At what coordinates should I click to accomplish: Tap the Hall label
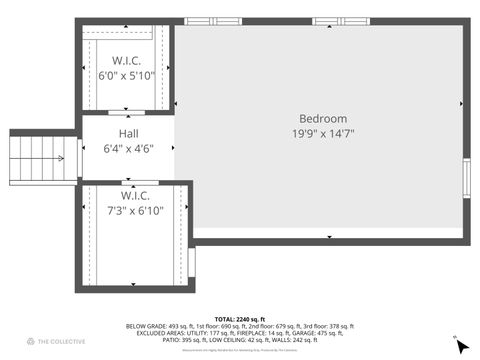click(129, 134)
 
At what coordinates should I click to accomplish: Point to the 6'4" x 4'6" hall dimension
click(129, 148)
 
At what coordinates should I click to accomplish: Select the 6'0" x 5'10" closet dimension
click(125, 75)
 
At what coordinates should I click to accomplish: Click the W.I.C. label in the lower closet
click(135, 195)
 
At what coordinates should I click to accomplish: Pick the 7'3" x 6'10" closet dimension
click(135, 211)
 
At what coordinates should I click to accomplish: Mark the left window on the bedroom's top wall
click(213, 21)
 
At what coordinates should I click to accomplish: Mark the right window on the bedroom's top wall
click(340, 21)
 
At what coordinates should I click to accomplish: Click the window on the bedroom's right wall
click(466, 176)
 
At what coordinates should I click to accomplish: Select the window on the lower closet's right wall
click(191, 262)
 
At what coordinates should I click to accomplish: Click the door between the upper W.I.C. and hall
click(126, 113)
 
